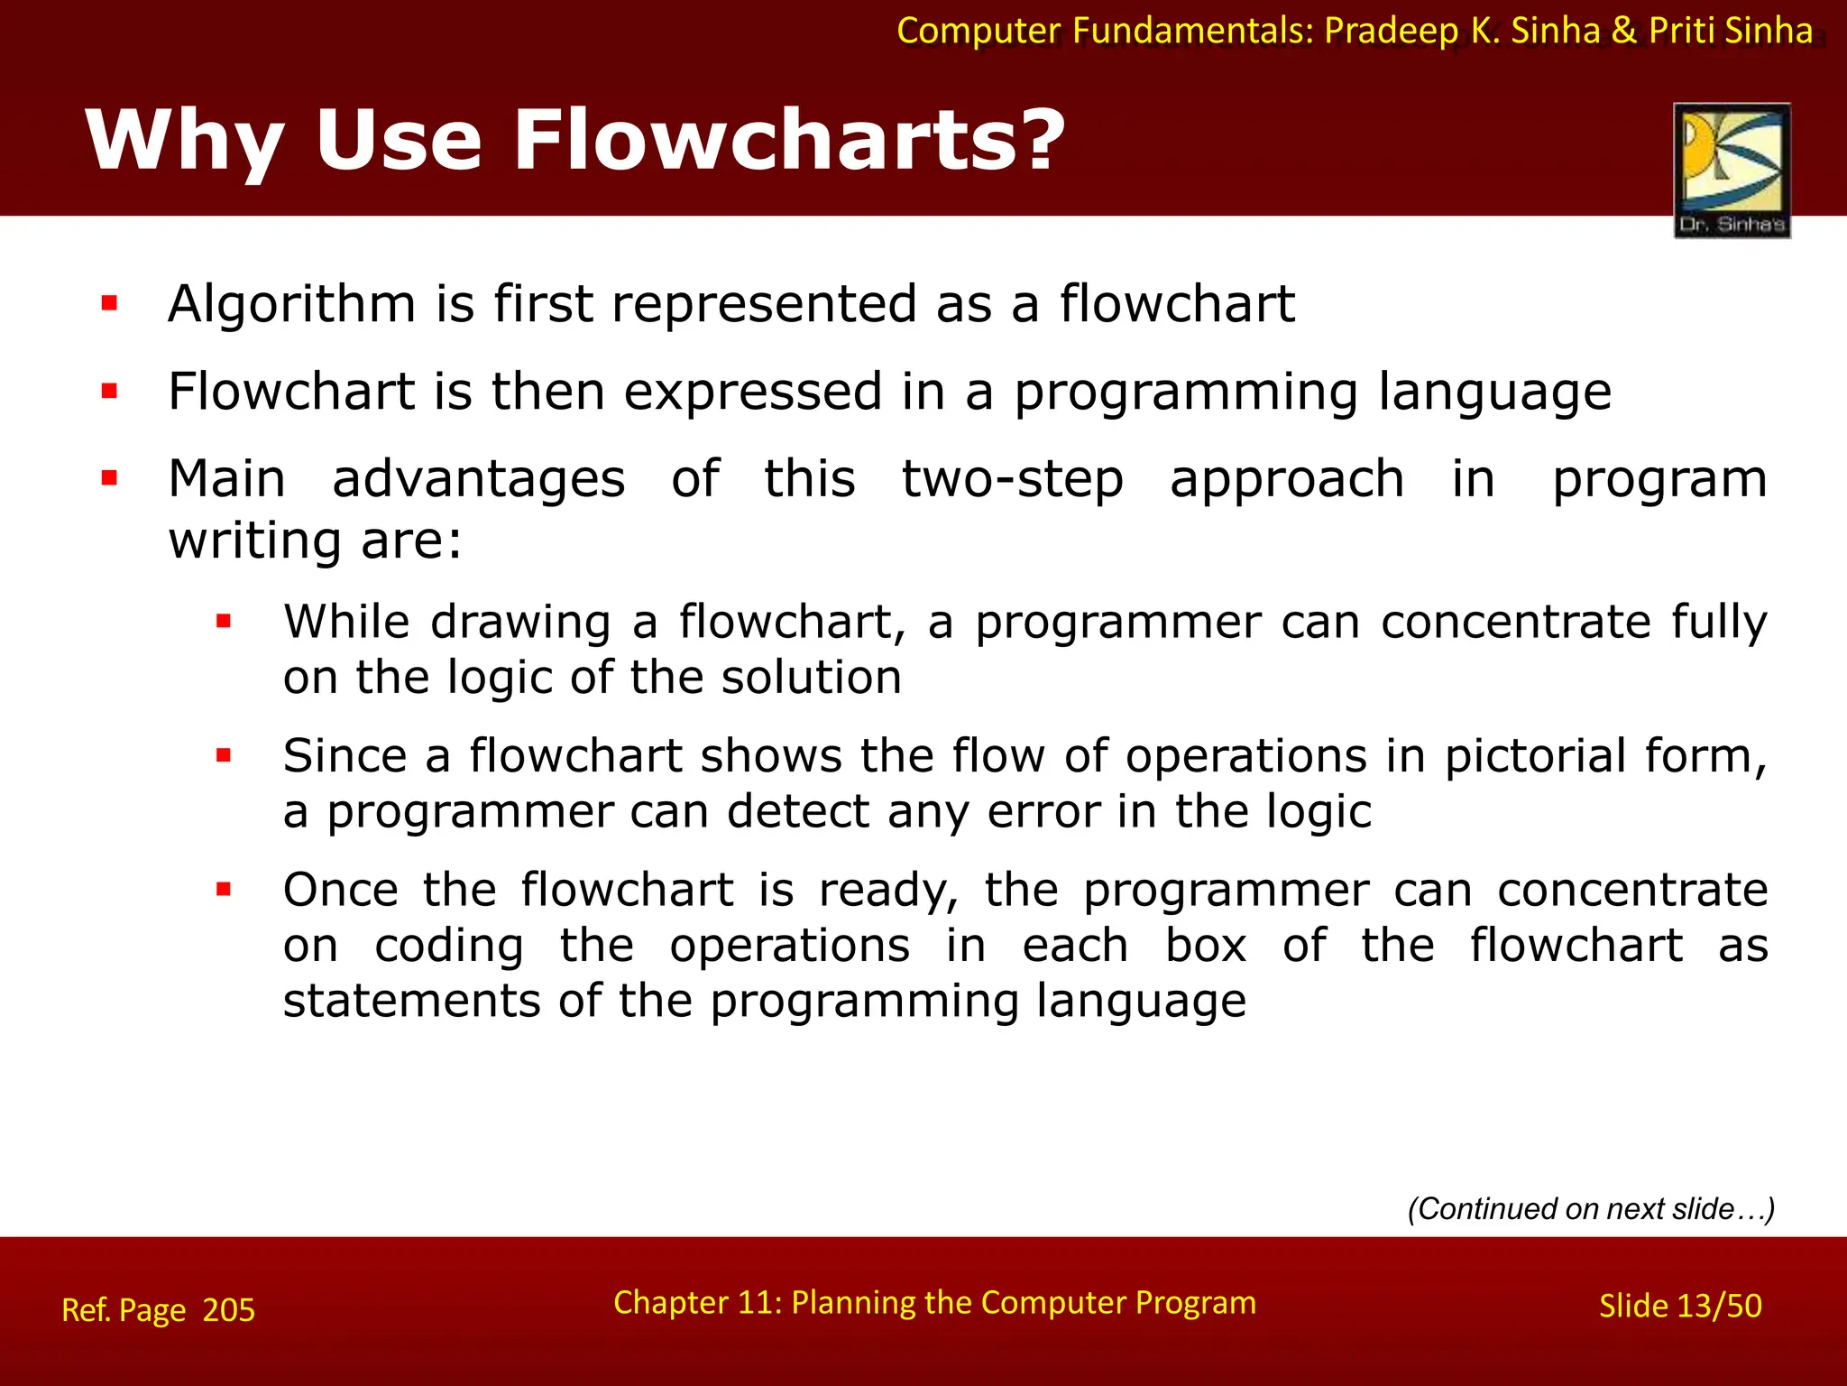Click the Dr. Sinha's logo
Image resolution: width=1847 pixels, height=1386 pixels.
pos(1732,170)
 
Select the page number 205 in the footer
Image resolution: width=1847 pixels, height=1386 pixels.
pos(228,1309)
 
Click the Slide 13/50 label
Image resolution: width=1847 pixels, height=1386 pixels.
pos(1679,1306)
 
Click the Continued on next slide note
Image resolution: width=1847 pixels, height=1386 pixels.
pos(1591,1208)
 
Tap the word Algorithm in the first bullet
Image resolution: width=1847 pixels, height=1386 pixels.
pos(291,304)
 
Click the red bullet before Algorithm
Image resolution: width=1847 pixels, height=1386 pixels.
pos(110,304)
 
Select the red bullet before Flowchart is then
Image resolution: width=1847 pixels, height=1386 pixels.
pos(110,392)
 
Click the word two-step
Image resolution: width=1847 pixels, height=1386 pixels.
pos(1012,479)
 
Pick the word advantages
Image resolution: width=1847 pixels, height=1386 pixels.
pos(478,479)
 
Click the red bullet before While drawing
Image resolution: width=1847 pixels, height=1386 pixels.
pos(225,622)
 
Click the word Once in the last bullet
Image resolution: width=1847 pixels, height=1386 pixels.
pos(340,890)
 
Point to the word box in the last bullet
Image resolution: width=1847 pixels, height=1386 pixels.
pos(1206,946)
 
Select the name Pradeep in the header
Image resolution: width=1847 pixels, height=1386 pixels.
pos(1391,31)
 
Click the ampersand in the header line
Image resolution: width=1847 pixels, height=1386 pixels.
pos(1623,31)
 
